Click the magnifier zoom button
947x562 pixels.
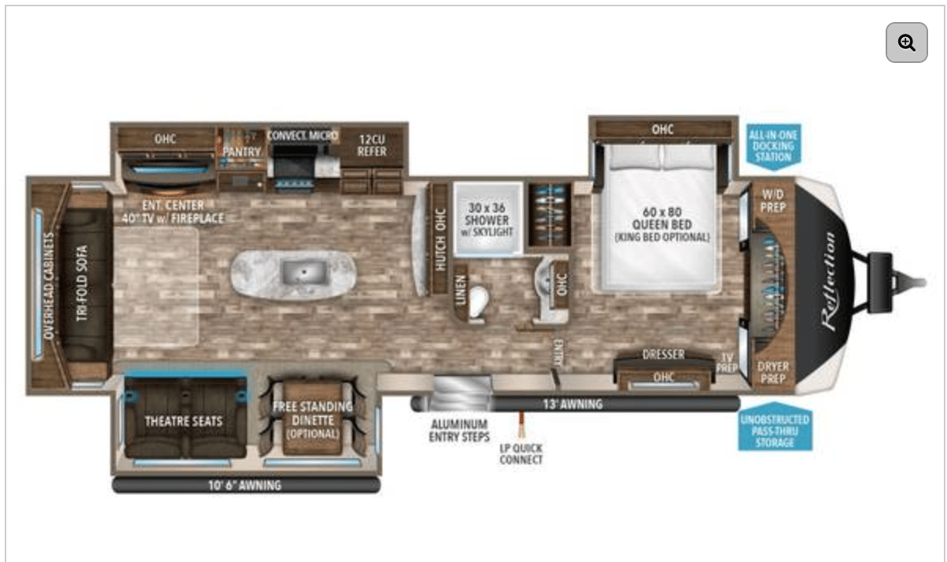(906, 43)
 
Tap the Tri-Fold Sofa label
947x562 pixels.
(83, 283)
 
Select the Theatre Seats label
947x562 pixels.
(183, 421)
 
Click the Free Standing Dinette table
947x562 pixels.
(312, 418)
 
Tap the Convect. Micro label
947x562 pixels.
(302, 135)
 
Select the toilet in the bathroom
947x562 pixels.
(477, 304)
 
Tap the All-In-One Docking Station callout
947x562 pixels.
(772, 146)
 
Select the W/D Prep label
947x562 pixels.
(772, 202)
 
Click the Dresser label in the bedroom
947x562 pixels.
(663, 355)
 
